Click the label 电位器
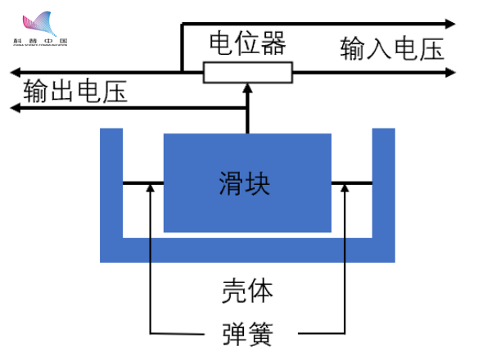point(247,43)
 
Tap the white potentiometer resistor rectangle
point(247,74)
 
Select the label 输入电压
point(392,49)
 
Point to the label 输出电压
point(75,91)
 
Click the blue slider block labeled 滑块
point(248,182)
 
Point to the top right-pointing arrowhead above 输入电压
point(451,24)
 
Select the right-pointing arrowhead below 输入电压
point(451,73)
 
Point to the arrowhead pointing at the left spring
point(151,189)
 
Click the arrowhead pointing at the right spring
point(345,189)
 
